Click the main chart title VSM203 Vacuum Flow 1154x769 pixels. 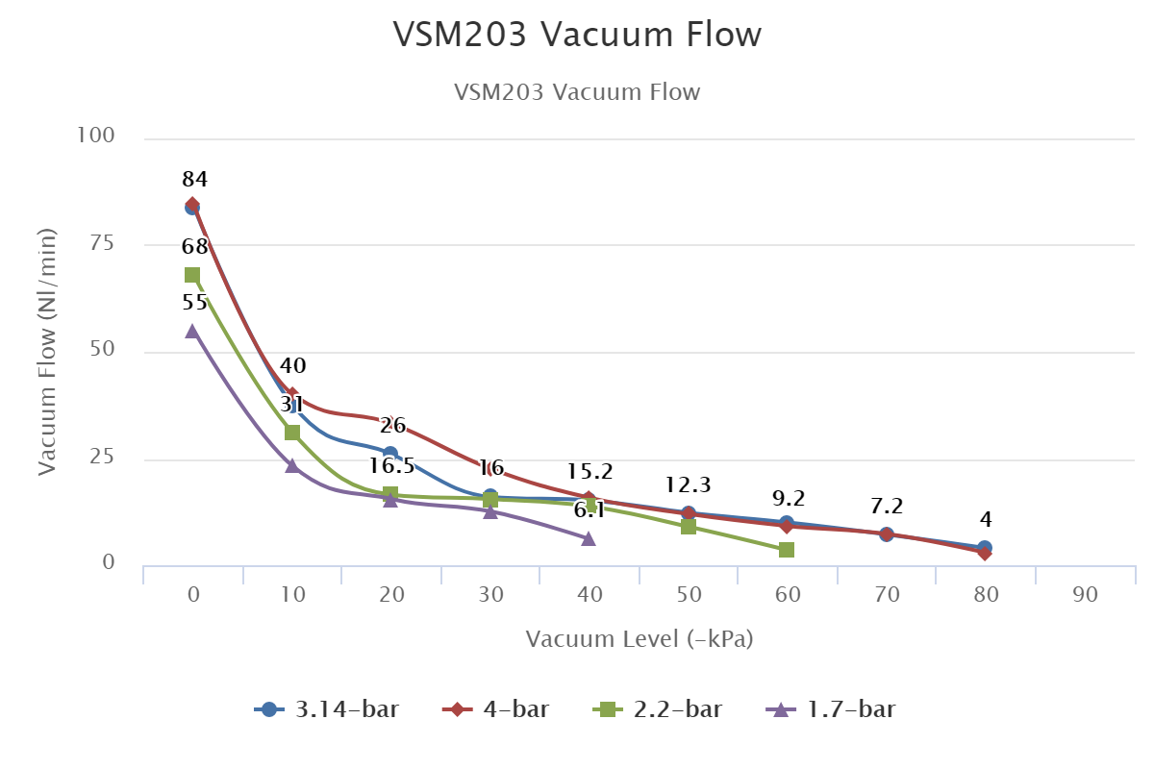tap(577, 35)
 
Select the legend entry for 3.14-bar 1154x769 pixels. tap(327, 710)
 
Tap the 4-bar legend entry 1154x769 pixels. tap(496, 710)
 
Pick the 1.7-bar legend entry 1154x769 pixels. tap(832, 710)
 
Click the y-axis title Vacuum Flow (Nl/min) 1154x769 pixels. tap(48, 352)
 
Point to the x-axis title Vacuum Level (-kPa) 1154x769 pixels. tap(640, 639)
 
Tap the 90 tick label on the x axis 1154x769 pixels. tap(1086, 596)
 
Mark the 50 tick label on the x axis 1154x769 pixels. tap(689, 596)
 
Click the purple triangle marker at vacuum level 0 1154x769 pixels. tap(192, 331)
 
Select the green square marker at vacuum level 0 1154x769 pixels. tap(192, 275)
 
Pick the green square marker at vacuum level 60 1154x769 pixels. tap(787, 550)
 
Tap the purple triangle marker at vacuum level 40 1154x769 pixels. tap(589, 538)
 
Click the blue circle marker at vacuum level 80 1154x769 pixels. tap(985, 548)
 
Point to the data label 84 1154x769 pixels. tap(195, 179)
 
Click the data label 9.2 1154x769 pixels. tap(789, 498)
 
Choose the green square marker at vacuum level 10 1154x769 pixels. tap(292, 433)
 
